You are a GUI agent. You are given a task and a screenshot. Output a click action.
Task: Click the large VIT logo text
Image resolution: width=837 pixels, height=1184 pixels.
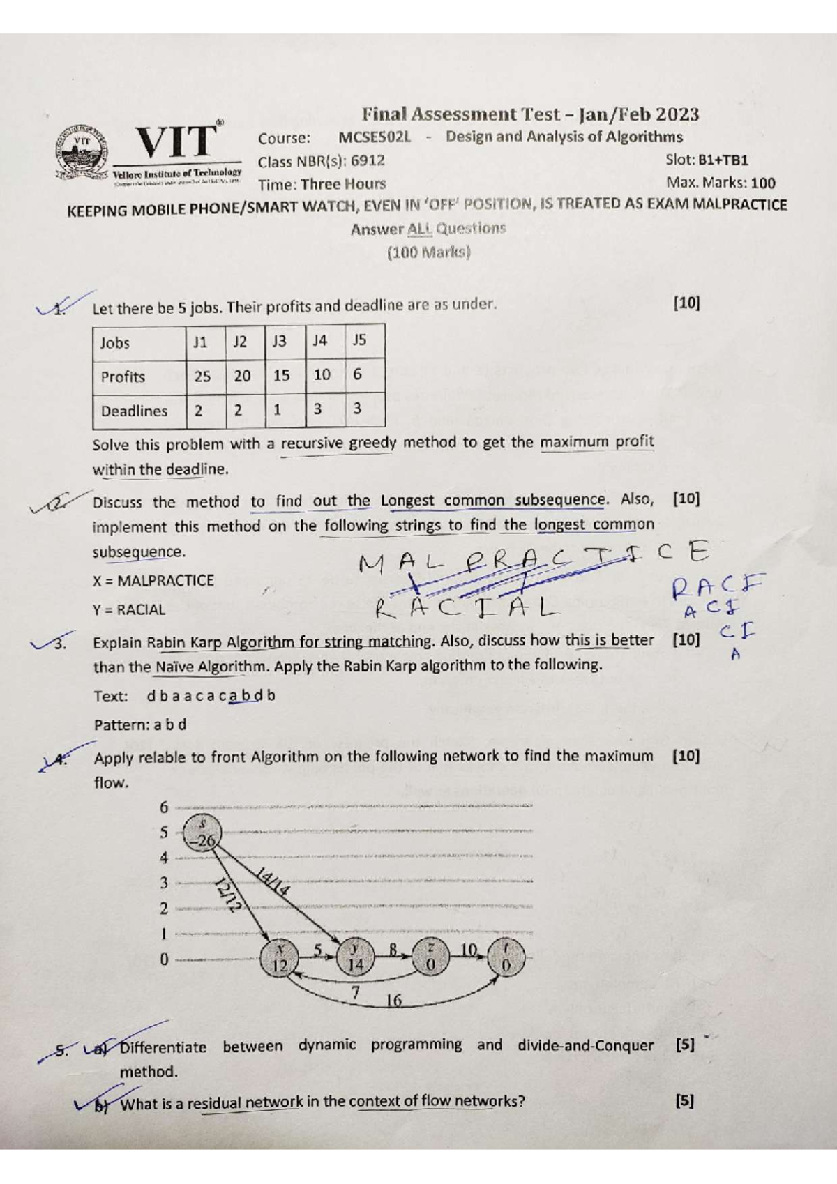(176, 141)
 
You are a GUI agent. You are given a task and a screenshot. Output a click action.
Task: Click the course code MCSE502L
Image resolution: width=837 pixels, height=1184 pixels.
(375, 137)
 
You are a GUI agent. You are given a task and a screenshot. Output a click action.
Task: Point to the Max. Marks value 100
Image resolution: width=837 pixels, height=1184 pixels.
(763, 183)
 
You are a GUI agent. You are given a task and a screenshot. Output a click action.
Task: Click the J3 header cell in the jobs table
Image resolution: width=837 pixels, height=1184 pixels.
(279, 342)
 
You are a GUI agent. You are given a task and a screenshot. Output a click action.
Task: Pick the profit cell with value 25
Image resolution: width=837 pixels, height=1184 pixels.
(202, 377)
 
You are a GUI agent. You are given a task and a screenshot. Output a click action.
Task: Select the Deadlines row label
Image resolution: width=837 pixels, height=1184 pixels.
(134, 411)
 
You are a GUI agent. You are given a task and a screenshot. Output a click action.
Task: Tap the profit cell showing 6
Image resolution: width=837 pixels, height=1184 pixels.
(357, 374)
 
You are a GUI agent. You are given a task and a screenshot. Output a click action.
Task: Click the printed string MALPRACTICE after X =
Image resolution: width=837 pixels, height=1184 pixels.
(165, 581)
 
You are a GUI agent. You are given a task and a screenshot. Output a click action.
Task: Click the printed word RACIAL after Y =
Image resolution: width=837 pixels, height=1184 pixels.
(141, 610)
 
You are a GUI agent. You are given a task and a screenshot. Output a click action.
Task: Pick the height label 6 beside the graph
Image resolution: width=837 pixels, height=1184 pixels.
(164, 807)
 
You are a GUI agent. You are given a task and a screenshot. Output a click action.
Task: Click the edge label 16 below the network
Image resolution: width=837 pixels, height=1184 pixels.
(394, 1001)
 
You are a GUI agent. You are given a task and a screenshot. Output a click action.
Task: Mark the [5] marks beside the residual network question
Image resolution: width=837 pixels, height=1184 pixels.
(685, 1102)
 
